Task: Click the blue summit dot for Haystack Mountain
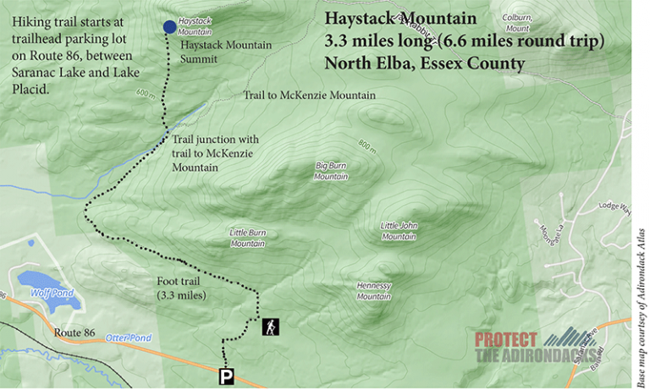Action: pos(170,27)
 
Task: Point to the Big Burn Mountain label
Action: pos(331,171)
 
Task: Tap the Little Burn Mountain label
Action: pos(248,238)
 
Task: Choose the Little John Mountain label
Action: pos(399,230)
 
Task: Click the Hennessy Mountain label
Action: pos(373,291)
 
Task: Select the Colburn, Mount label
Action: pos(516,23)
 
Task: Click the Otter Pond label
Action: pos(127,338)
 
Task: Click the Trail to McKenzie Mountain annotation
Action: pos(309,96)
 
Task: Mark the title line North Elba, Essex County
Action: pos(425,63)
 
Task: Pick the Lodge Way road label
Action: pos(613,206)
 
